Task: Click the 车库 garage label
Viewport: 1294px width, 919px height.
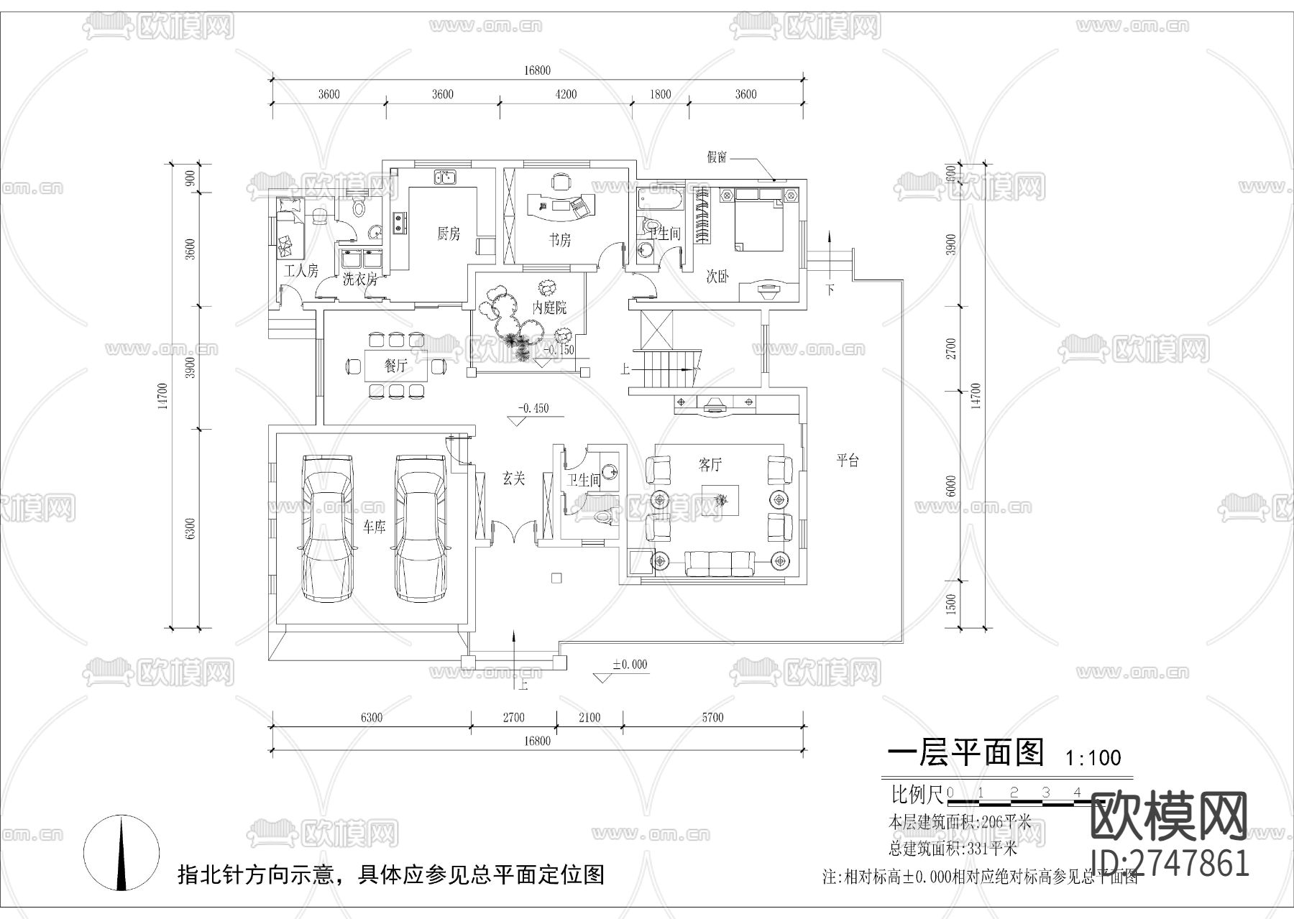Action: pos(374,527)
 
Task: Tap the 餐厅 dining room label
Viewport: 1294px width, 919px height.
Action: pos(395,366)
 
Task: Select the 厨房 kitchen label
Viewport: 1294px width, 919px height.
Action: pos(449,234)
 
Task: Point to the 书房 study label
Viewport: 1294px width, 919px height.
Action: pos(560,240)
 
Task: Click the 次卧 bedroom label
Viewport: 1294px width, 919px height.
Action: pos(717,277)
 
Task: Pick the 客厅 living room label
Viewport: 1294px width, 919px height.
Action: pos(710,465)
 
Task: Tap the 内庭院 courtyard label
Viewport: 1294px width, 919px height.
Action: pos(549,308)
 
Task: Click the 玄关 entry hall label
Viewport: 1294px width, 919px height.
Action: pos(513,479)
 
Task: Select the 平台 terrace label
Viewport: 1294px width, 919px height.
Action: pos(848,461)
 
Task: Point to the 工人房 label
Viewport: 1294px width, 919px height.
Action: pos(301,271)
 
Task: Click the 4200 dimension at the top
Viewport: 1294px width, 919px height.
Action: pos(566,94)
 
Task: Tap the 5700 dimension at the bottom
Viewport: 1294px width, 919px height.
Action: pos(712,717)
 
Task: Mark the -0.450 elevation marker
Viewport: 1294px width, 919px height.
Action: pos(533,408)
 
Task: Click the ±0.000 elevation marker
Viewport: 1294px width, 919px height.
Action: pos(629,665)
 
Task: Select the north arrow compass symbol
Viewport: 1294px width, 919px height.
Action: pos(121,853)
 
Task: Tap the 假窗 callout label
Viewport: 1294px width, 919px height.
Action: pos(717,157)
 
